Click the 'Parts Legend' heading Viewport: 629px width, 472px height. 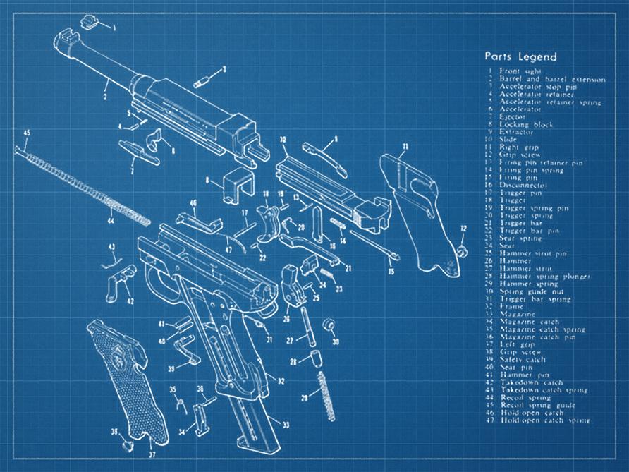pyautogui.click(x=520, y=56)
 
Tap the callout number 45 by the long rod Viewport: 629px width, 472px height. pyautogui.click(x=27, y=133)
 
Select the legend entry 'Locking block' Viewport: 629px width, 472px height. pyautogui.click(x=526, y=125)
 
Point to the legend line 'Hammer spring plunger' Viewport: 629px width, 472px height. pyautogui.click(x=540, y=276)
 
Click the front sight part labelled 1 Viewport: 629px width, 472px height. pyautogui.click(x=89, y=21)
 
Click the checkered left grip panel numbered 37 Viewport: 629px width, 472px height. pyautogui.click(x=131, y=381)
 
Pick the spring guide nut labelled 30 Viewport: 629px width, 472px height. pyautogui.click(x=328, y=325)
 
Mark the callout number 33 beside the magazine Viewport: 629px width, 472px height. pyautogui.click(x=285, y=425)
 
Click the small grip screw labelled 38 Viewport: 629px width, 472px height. pyautogui.click(x=125, y=445)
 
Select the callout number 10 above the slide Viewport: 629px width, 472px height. pyautogui.click(x=282, y=140)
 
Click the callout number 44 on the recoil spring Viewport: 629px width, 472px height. pyautogui.click(x=111, y=222)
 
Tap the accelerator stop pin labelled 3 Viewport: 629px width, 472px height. pyautogui.click(x=202, y=78)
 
